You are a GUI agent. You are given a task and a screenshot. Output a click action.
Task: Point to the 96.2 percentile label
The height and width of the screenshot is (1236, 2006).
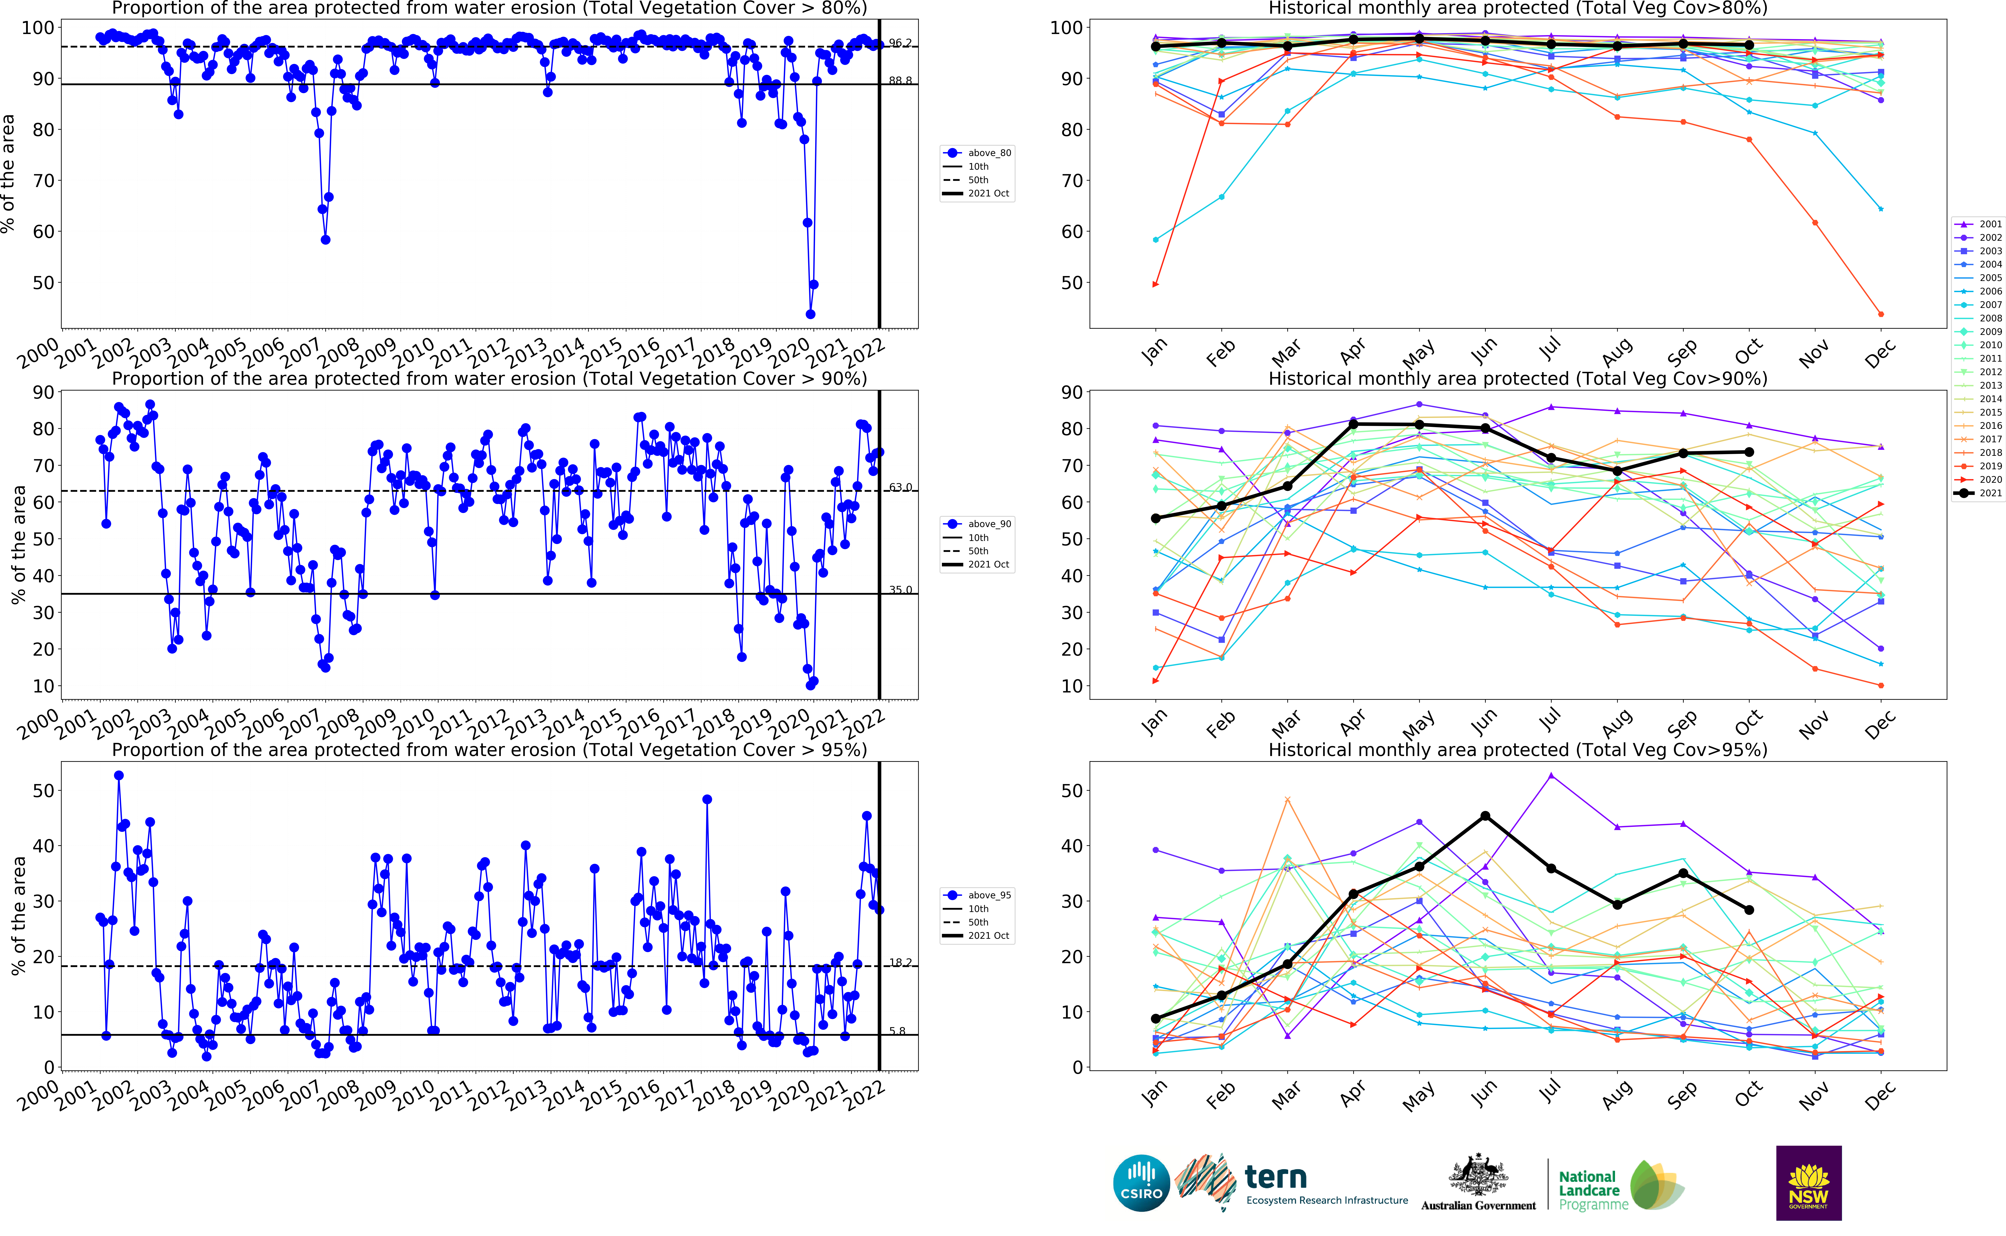(900, 43)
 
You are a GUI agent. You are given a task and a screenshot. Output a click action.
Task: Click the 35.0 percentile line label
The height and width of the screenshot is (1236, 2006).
(900, 589)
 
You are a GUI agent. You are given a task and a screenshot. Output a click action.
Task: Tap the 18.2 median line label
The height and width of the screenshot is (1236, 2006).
(900, 962)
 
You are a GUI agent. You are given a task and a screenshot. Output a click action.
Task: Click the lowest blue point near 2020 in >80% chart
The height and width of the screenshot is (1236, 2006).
(810, 314)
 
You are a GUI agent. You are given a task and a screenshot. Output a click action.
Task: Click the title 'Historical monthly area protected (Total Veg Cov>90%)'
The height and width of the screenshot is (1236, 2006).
(1517, 379)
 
